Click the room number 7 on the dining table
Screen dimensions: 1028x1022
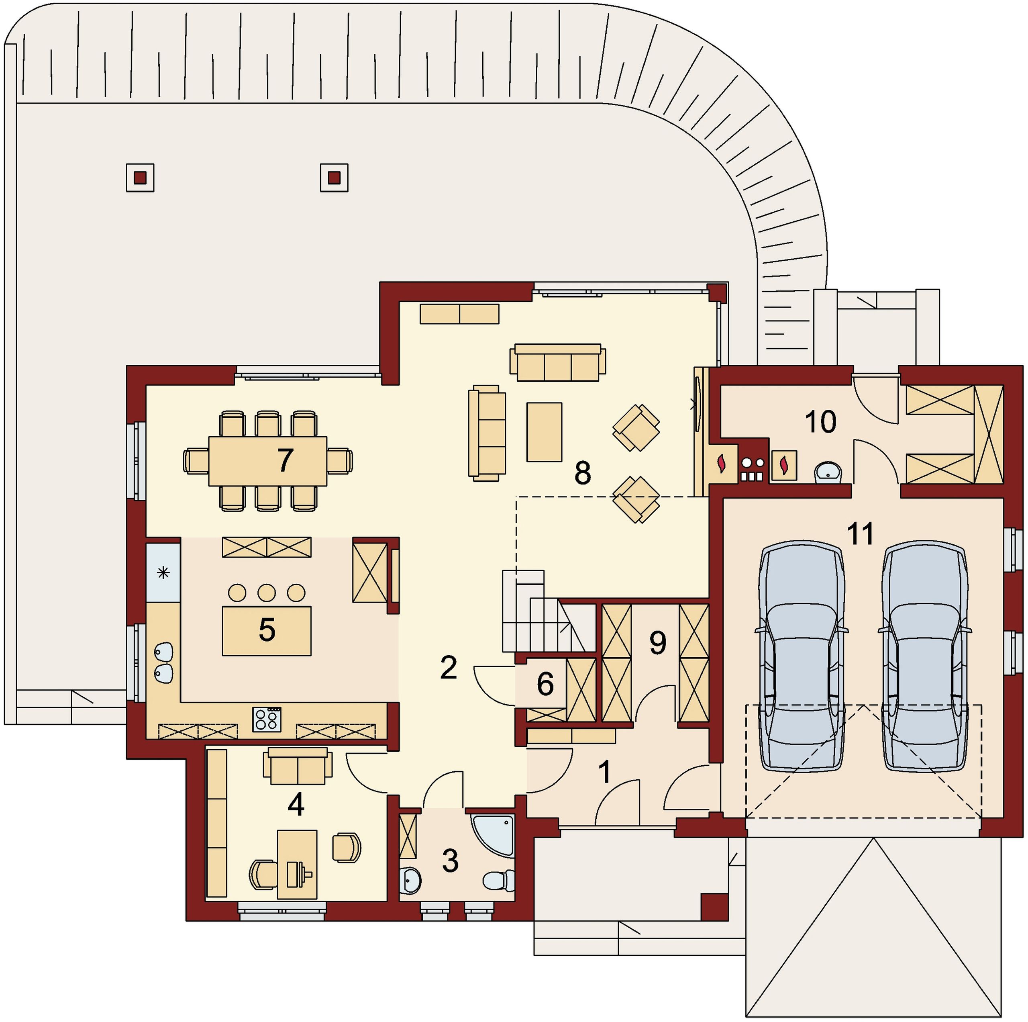click(x=285, y=460)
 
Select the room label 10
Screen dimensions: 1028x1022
click(x=820, y=422)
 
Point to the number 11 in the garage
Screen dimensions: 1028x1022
click(x=860, y=534)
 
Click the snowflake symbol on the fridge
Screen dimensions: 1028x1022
click(x=163, y=573)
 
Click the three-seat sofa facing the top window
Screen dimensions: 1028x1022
click(x=558, y=362)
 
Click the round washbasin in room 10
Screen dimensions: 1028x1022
click(x=828, y=472)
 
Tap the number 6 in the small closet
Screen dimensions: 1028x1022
click(x=545, y=684)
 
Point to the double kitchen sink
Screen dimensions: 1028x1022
click(x=163, y=663)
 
